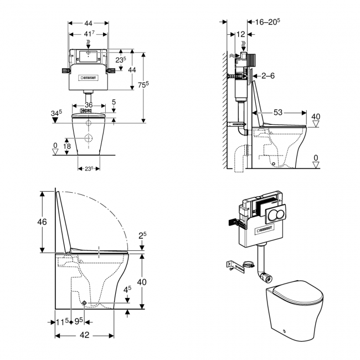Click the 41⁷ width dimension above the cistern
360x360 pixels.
coord(88,34)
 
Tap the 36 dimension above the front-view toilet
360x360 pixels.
coord(88,105)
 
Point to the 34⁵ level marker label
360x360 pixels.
coord(56,114)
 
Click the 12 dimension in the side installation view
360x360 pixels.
coord(240,34)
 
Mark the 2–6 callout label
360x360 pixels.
coord(268,76)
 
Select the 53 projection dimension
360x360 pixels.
coord(277,112)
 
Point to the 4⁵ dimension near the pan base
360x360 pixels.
coord(127,289)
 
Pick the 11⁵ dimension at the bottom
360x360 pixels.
coord(63,321)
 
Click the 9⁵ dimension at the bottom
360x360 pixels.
coord(79,321)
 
